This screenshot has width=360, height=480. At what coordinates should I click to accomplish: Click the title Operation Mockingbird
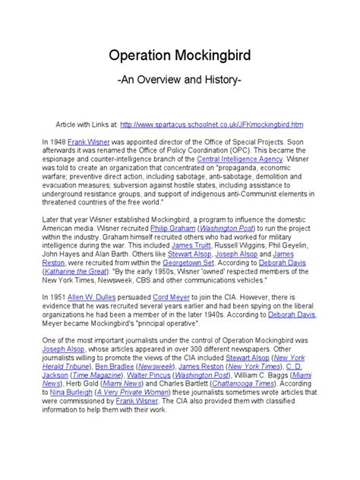click(x=180, y=58)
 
